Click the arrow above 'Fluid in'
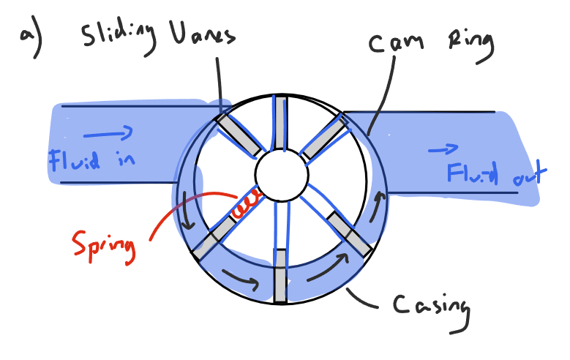108,132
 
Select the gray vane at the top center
280,121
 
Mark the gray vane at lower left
214,238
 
